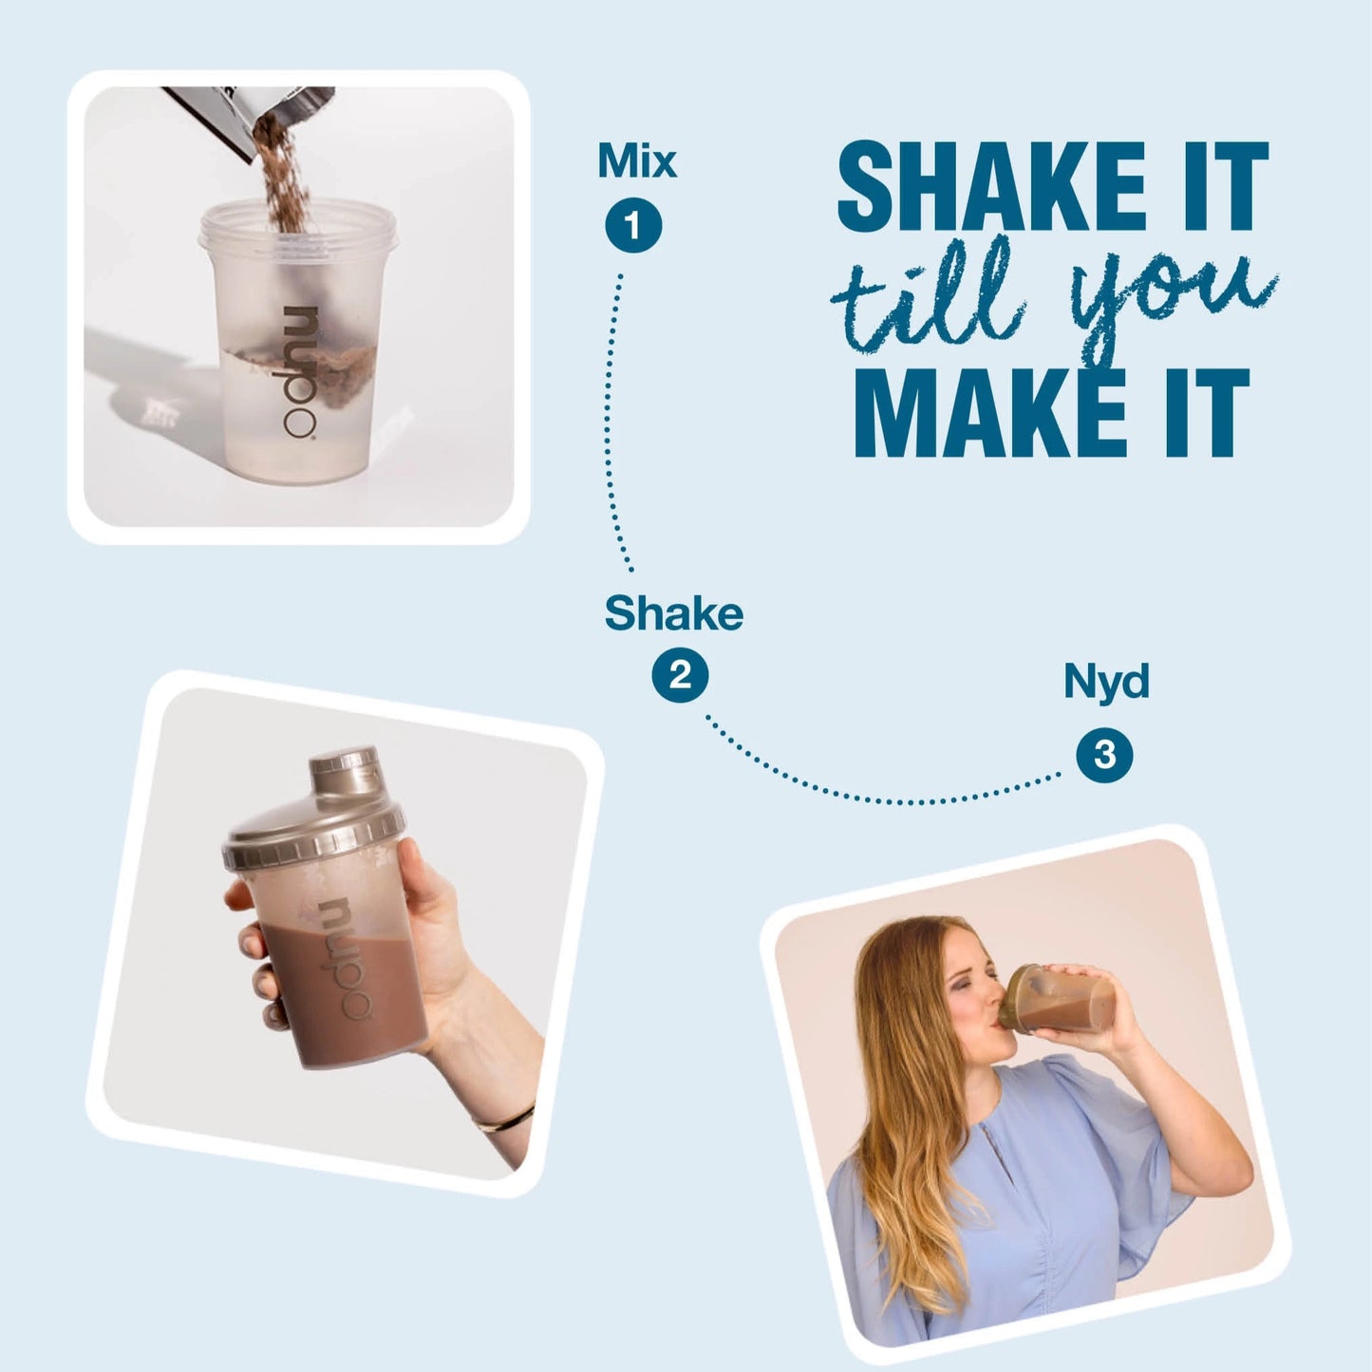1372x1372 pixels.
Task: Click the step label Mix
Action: pyautogui.click(x=637, y=161)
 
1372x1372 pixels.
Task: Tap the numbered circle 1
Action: pyautogui.click(x=633, y=226)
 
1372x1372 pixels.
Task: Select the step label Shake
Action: pyautogui.click(x=673, y=613)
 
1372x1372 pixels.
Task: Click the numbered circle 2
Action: pyautogui.click(x=680, y=674)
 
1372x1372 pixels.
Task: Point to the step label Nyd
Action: pyautogui.click(x=1106, y=682)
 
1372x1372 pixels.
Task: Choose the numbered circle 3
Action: pyautogui.click(x=1104, y=755)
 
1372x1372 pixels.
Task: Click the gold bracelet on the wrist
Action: pyautogui.click(x=504, y=1118)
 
